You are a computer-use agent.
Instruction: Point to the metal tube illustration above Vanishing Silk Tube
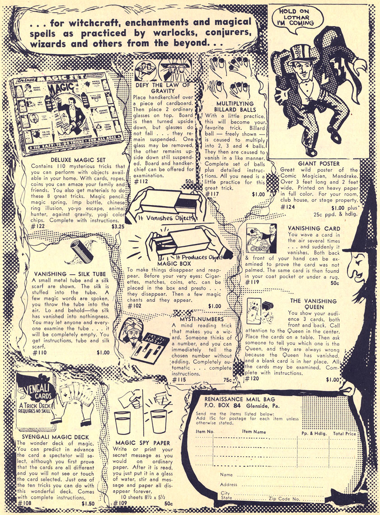point(81,251)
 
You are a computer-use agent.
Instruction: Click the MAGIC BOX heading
point(174,263)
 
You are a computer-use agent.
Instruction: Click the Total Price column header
point(344,433)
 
